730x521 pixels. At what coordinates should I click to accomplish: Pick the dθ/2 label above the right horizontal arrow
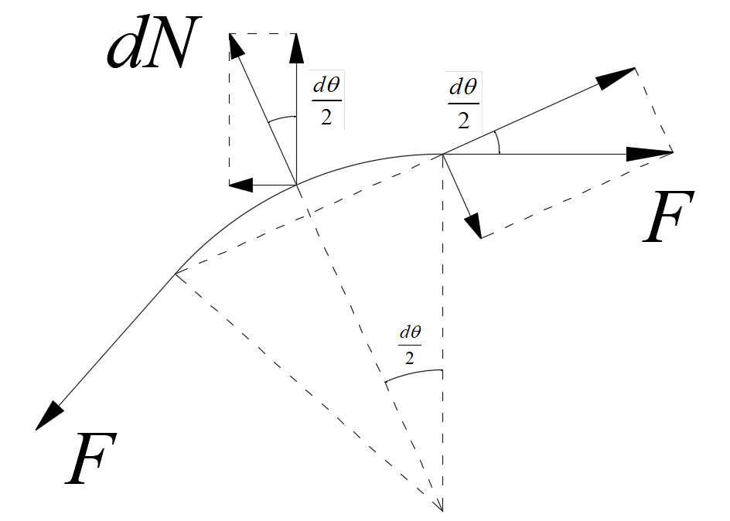[x=463, y=104]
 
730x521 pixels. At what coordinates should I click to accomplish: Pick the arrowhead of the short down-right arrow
[x=474, y=227]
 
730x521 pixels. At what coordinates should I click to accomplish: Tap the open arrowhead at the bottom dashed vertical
[x=442, y=506]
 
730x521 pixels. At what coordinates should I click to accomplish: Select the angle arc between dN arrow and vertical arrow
[x=281, y=120]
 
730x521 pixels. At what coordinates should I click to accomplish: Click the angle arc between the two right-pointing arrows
[x=496, y=142]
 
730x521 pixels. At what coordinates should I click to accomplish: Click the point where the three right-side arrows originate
[x=442, y=154]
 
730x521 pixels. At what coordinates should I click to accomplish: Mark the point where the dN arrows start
[x=297, y=185]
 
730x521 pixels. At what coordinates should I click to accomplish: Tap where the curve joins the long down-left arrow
[x=176, y=272]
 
